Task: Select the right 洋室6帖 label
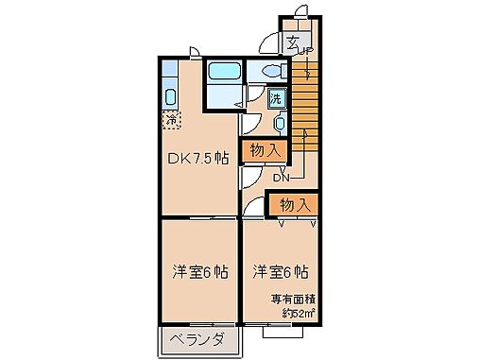click(x=281, y=271)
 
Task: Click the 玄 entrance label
click(x=294, y=42)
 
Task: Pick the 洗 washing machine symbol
click(x=275, y=97)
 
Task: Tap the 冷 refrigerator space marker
click(x=171, y=120)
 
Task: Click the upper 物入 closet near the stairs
click(x=264, y=148)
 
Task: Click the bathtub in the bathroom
click(x=223, y=73)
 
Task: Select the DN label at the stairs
click(x=281, y=175)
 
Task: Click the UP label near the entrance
click(x=306, y=53)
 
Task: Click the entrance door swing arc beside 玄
click(x=272, y=42)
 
